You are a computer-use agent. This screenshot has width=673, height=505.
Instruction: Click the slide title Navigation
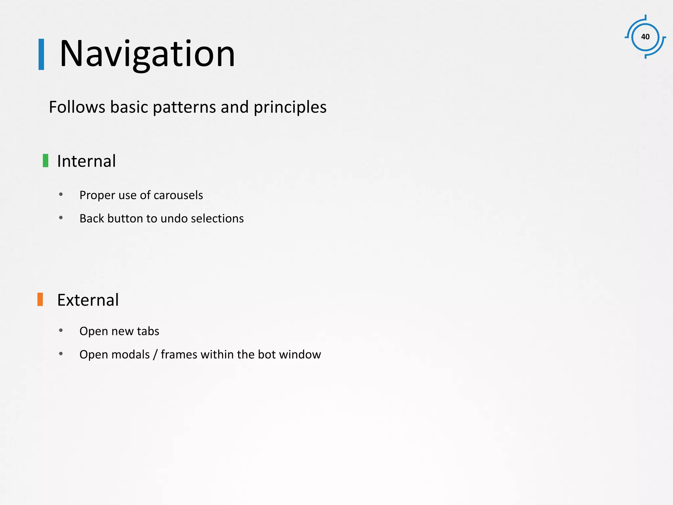coord(147,54)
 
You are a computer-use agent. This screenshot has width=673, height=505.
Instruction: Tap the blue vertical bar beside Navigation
coord(41,54)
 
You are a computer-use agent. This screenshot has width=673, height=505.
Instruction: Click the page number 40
coord(645,37)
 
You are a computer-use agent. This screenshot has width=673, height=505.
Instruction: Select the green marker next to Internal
coord(46,160)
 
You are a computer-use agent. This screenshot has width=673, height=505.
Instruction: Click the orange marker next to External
coord(40,299)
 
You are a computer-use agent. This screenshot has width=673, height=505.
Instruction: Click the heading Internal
coord(86,161)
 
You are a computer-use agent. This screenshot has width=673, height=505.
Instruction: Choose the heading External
coord(88,300)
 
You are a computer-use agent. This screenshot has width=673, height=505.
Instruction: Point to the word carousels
coord(178,195)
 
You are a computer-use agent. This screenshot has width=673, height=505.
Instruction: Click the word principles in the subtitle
coord(290,107)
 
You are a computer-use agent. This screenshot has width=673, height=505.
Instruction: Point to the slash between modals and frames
coord(155,354)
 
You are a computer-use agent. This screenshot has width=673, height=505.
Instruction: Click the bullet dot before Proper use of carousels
coord(61,194)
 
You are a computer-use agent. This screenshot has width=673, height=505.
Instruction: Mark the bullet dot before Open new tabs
coord(61,330)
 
